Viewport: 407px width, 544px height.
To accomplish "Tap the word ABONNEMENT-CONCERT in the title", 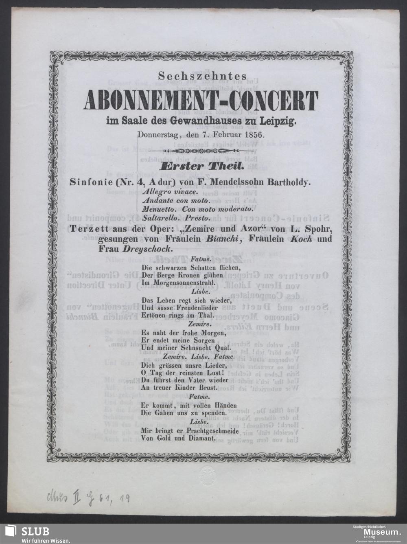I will (x=201, y=101).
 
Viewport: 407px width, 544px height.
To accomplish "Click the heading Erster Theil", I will (x=202, y=167).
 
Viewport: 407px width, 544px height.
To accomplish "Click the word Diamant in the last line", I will (x=197, y=439).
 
